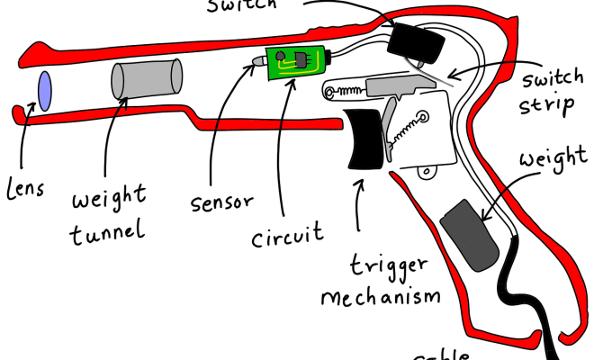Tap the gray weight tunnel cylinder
click(147, 79)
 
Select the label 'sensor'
click(220, 199)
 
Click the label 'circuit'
click(287, 238)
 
